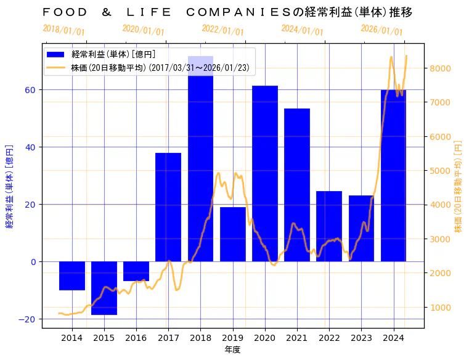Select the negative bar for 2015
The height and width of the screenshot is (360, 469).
click(x=104, y=288)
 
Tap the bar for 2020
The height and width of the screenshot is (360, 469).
click(x=265, y=173)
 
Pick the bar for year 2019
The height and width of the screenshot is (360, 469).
click(x=233, y=234)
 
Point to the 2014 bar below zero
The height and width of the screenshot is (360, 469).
click(x=72, y=276)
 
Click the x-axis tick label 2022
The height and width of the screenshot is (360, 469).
click(x=329, y=338)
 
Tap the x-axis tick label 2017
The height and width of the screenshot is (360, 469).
click(x=168, y=338)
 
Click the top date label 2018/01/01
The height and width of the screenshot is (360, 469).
click(x=64, y=30)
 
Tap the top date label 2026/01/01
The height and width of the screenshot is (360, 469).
click(x=381, y=30)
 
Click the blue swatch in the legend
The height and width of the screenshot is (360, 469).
click(x=58, y=54)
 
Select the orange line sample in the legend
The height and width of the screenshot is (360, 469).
click(x=58, y=68)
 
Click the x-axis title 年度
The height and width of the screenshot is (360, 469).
click(x=232, y=350)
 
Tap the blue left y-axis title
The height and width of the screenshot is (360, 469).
click(x=9, y=186)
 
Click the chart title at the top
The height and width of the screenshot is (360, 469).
click(x=227, y=12)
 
